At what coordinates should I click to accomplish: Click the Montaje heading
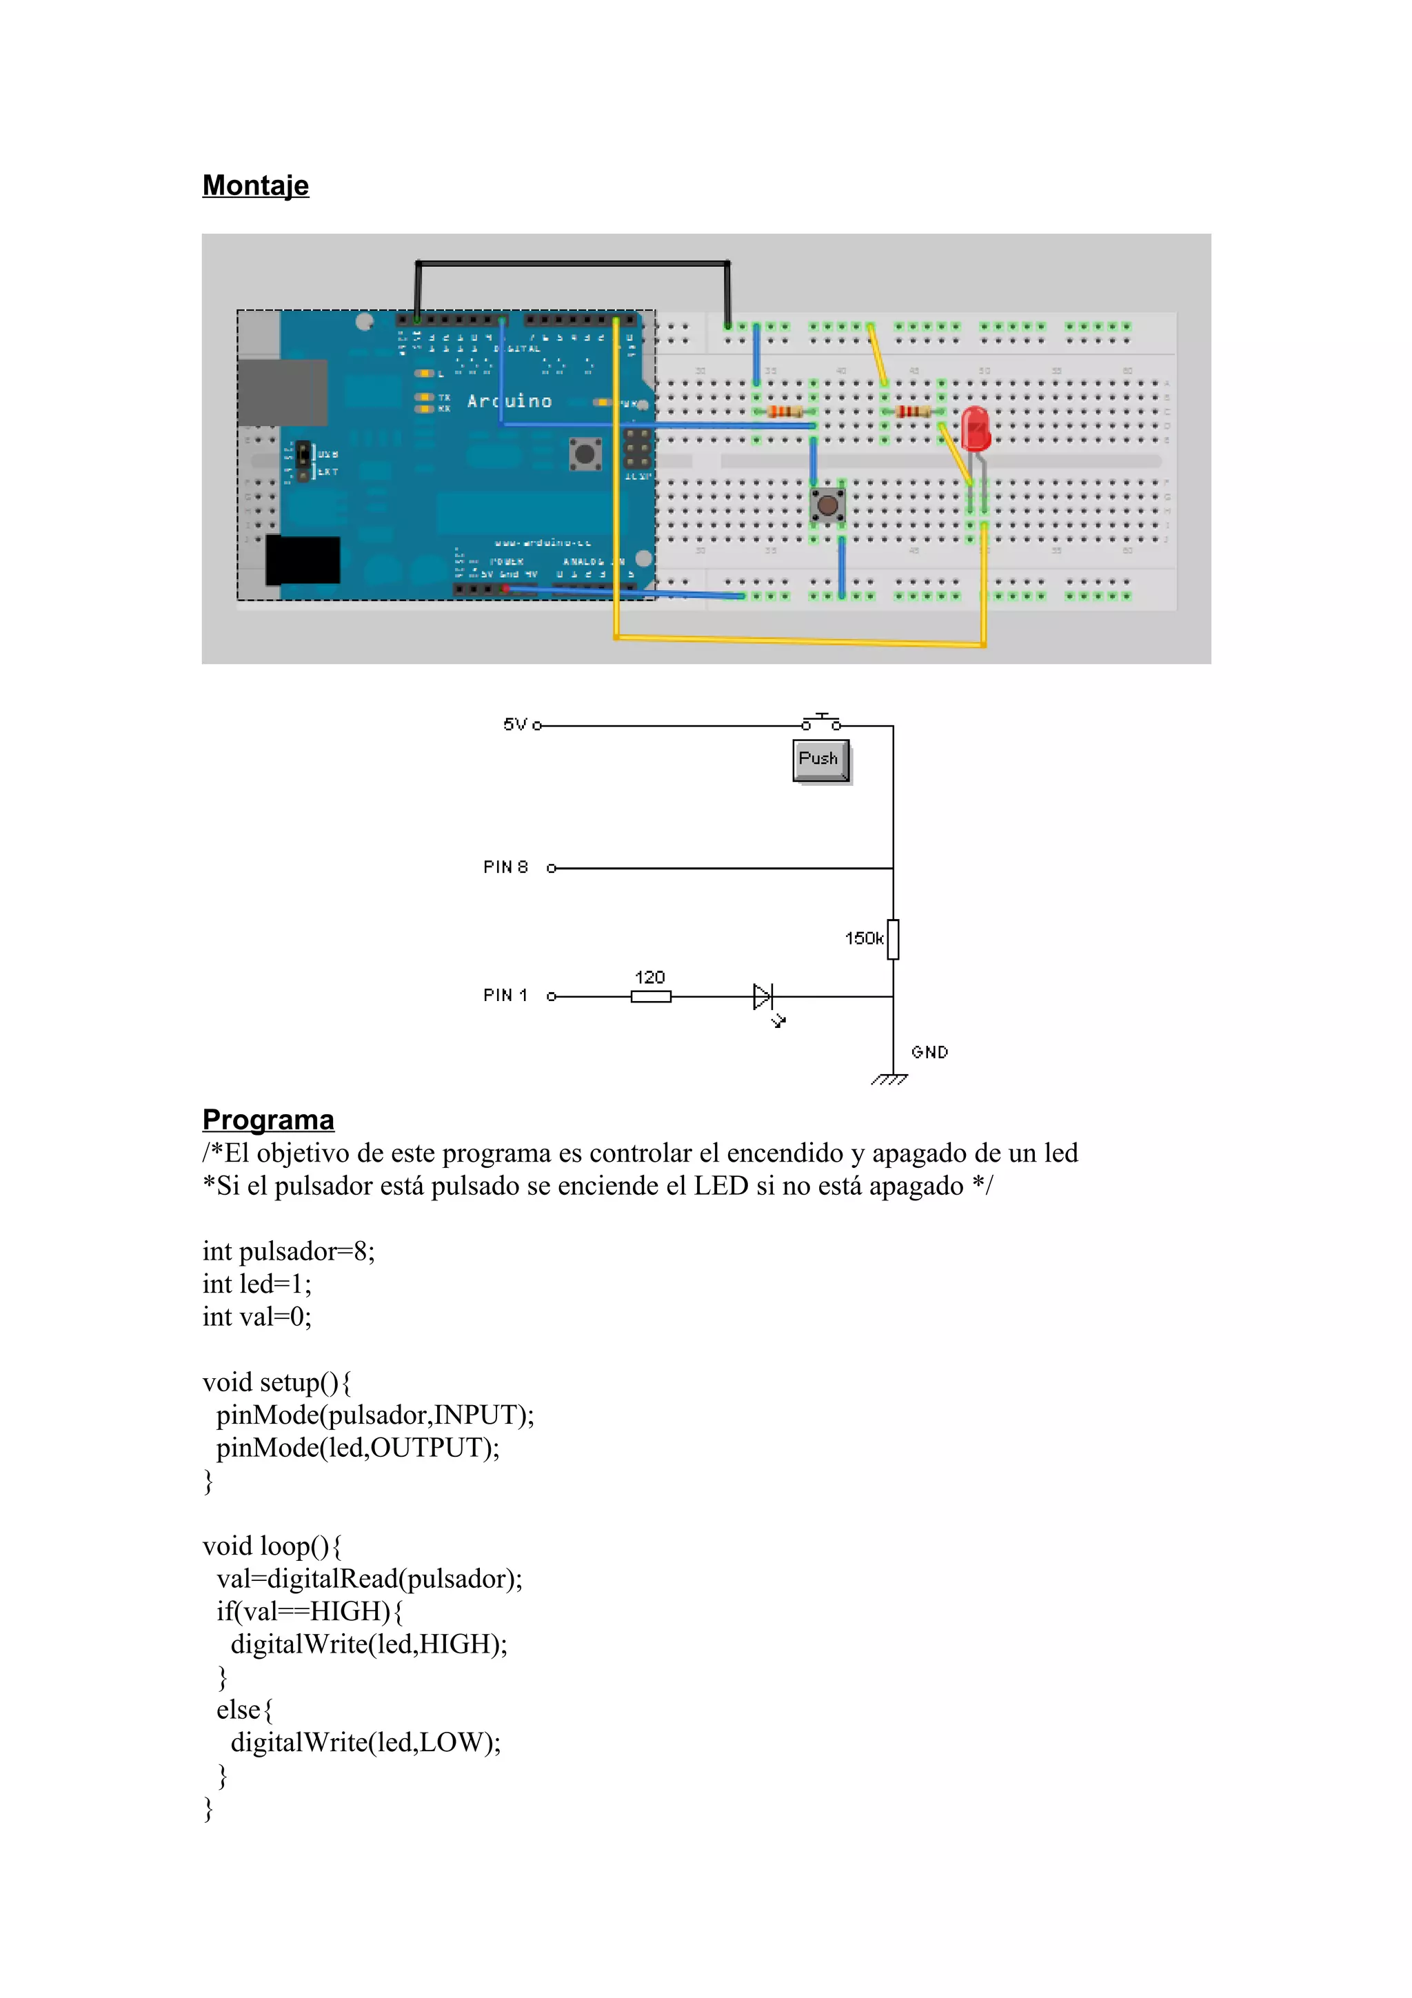(255, 185)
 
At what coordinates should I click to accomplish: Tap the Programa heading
(268, 1119)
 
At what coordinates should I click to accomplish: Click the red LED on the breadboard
(976, 428)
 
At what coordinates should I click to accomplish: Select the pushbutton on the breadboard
(827, 504)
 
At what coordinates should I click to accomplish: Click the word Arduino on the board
(509, 401)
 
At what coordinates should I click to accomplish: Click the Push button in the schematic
(820, 760)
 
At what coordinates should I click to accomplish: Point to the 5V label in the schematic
(515, 724)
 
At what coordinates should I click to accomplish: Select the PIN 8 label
(505, 867)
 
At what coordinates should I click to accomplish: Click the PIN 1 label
(505, 995)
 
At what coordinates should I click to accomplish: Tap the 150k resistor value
(863, 938)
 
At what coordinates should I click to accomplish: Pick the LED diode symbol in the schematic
(763, 996)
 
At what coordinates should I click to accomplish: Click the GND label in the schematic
(929, 1052)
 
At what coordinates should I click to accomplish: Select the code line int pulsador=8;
(288, 1251)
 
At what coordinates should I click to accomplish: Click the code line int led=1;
(256, 1284)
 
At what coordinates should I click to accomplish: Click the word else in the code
(239, 1710)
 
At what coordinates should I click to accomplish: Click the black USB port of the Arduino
(303, 560)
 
